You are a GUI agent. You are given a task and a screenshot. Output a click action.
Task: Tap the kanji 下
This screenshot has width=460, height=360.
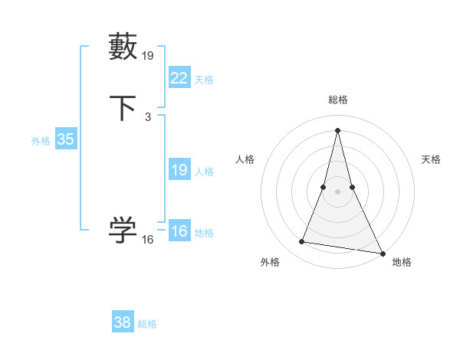pos(123,108)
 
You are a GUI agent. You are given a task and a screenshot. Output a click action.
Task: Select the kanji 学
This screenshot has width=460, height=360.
pos(123,230)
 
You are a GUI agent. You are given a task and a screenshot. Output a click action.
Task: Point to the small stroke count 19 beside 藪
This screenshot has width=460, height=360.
pos(148,55)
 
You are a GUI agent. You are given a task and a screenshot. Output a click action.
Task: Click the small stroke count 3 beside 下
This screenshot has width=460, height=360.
pos(147,116)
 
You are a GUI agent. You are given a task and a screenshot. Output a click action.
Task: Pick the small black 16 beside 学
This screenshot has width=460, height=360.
pos(148,240)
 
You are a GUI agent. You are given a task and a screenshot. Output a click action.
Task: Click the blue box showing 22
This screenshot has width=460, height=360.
pos(179,77)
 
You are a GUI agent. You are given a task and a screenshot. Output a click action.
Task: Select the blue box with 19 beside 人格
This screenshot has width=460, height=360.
pos(179,170)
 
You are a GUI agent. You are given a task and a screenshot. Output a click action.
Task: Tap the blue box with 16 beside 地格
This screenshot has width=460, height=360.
pos(179,231)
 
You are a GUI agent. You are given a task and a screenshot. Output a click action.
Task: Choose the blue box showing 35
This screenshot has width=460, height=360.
pos(65,139)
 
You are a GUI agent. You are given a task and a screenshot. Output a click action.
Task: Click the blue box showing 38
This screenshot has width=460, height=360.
pos(122,322)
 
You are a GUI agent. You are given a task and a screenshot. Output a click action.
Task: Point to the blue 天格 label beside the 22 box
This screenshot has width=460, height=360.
pos(204,79)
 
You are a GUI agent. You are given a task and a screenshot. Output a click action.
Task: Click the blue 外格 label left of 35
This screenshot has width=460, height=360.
pos(41,141)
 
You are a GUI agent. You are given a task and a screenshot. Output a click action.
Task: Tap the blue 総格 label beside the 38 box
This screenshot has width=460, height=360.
pos(147,324)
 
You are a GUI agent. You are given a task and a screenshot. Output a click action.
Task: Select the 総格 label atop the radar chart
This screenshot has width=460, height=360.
pos(337,100)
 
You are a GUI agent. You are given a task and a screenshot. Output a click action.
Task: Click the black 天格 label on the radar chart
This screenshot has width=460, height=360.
pos(431,159)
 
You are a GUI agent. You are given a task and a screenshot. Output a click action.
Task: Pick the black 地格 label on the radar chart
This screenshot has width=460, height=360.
pos(402,263)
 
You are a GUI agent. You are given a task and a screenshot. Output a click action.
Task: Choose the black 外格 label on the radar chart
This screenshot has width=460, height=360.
pos(270,263)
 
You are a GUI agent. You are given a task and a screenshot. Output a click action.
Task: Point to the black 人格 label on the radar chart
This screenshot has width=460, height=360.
pos(245,159)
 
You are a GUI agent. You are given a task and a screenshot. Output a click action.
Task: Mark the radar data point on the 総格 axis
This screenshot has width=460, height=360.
pos(337,129)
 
